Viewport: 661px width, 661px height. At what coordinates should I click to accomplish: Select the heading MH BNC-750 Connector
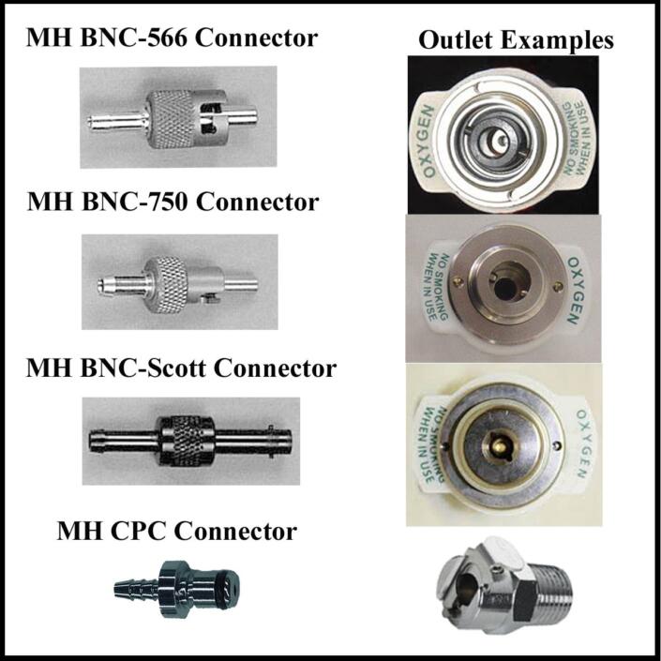point(173,202)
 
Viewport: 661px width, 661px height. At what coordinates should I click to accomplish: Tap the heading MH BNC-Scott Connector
point(181,368)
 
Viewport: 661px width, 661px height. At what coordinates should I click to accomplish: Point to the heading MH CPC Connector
point(177,532)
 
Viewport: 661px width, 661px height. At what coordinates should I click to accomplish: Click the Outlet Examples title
point(516,40)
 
